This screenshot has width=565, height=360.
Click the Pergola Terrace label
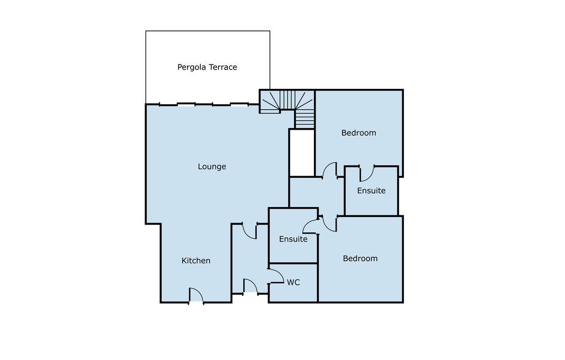click(x=207, y=67)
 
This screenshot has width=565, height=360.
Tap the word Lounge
click(x=212, y=167)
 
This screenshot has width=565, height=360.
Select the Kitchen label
click(x=196, y=261)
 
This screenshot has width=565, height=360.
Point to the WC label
click(x=294, y=283)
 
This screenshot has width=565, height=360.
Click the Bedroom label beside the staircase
click(x=359, y=133)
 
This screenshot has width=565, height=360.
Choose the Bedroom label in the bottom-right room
click(x=360, y=258)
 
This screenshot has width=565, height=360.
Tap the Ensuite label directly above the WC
click(x=294, y=239)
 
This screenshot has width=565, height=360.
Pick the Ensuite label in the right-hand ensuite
click(x=371, y=190)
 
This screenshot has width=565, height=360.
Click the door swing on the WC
click(x=277, y=276)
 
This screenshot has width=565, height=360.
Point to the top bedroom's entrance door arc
click(x=329, y=170)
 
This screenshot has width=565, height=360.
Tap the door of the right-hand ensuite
click(x=367, y=174)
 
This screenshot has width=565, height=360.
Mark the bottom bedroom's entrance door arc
click(x=329, y=224)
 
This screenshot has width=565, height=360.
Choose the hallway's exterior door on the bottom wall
click(x=250, y=286)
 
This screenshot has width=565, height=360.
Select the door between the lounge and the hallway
click(x=249, y=231)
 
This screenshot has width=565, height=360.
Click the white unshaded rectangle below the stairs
click(x=302, y=153)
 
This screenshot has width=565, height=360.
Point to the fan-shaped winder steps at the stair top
click(x=287, y=100)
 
